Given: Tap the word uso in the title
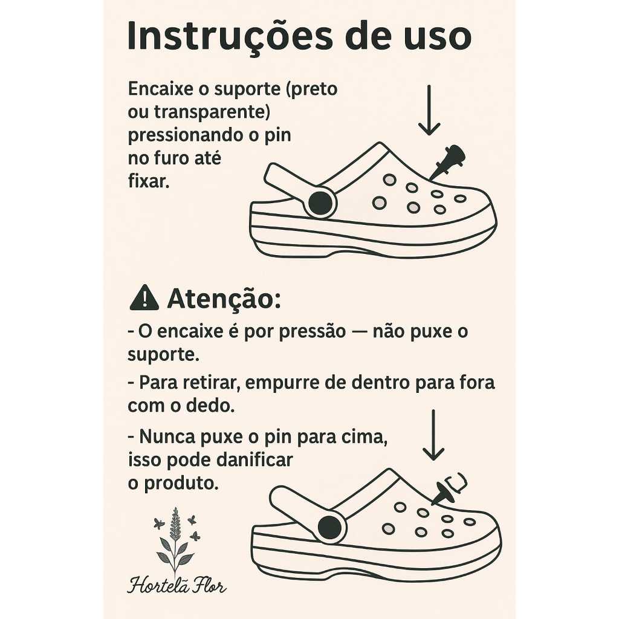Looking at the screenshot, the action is pyautogui.click(x=440, y=37).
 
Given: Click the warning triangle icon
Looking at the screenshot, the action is pyautogui.click(x=144, y=297).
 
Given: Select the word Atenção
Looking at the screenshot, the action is pyautogui.click(x=224, y=299).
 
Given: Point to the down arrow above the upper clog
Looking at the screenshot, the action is pyautogui.click(x=429, y=110).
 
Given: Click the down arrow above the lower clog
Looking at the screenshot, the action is pyautogui.click(x=433, y=435).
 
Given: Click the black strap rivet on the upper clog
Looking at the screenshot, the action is pyautogui.click(x=320, y=203).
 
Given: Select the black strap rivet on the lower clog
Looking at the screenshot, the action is pyautogui.click(x=329, y=528).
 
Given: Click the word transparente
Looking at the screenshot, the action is pyautogui.click(x=212, y=112).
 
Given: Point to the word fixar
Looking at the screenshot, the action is pyautogui.click(x=149, y=181).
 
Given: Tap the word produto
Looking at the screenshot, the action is pyautogui.click(x=181, y=483).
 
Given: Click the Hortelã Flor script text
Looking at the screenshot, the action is pyautogui.click(x=177, y=585).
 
